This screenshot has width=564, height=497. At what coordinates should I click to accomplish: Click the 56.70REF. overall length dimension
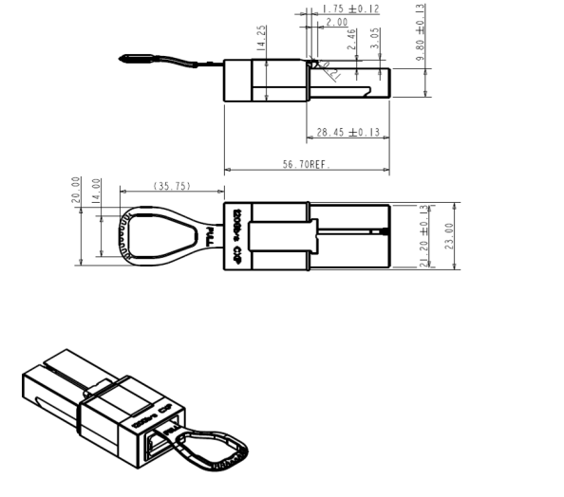pos(305,164)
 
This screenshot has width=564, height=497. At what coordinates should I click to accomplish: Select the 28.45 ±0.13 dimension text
pos(347,131)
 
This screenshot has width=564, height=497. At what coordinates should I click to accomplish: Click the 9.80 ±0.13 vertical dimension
pos(421,32)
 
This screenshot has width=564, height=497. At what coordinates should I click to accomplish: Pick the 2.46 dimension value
pos(351,39)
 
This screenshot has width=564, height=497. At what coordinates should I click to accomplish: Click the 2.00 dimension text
pos(336,22)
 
